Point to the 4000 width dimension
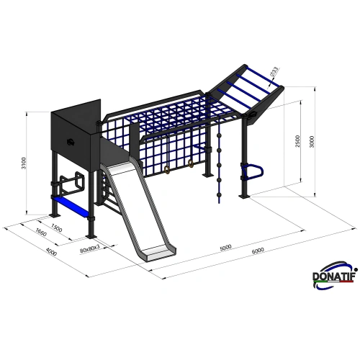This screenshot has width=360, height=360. (x=50, y=251)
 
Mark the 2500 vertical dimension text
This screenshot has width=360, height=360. (x=297, y=142)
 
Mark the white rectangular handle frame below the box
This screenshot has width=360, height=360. (x=71, y=183)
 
